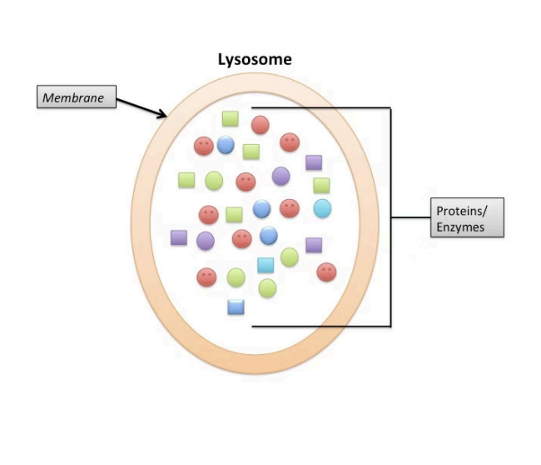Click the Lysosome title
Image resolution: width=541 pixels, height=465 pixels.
coord(255,60)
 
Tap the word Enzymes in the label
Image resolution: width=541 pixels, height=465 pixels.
coord(459,227)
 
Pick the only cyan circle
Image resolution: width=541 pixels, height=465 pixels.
coord(322,207)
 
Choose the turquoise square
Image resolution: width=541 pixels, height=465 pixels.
coord(266,266)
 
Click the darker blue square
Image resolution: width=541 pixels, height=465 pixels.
coord(236,307)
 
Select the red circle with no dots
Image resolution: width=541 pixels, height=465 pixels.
coord(260,125)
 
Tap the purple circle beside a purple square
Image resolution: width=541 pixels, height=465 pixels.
coord(206,240)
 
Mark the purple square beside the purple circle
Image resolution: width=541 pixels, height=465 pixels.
coord(179,237)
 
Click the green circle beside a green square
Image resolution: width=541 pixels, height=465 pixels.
coord(214,180)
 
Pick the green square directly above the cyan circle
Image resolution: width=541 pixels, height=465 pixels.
coord(321,185)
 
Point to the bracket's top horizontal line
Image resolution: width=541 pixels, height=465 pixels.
coord(325,107)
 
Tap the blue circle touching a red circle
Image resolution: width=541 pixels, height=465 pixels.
coord(226,145)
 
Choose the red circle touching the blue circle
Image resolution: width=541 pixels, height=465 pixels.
coord(204,147)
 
